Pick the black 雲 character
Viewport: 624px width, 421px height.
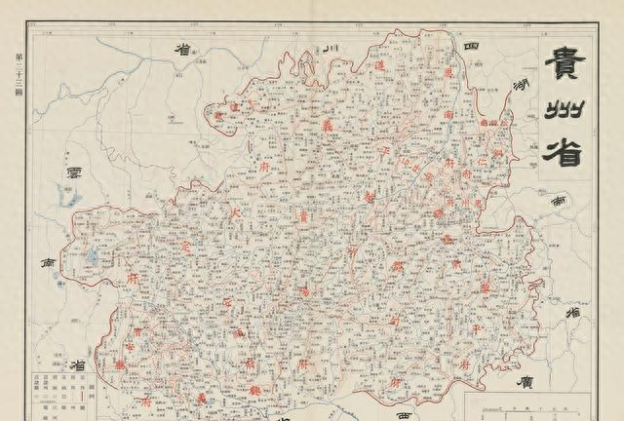[72, 173]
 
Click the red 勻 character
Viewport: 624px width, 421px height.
[396, 322]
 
